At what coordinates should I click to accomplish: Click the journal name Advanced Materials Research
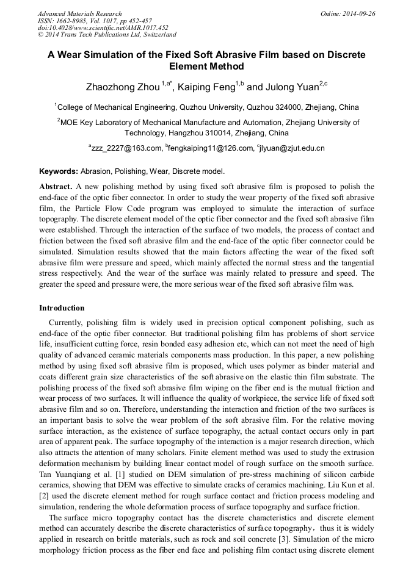click(x=79, y=13)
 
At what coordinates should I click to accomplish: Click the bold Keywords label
click(x=59, y=171)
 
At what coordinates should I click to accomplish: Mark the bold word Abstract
click(x=56, y=186)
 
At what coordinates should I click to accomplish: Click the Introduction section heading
click(x=62, y=308)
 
